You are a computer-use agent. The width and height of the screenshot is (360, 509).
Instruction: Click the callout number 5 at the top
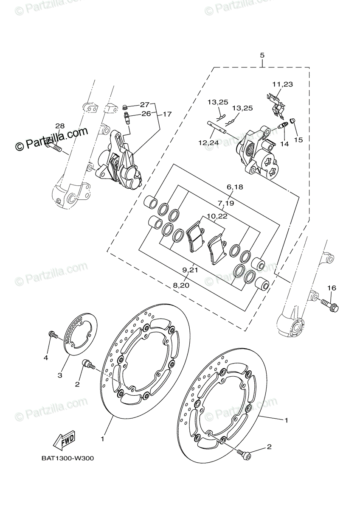262,56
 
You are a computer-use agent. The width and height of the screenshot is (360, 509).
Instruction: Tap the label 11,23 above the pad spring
283,84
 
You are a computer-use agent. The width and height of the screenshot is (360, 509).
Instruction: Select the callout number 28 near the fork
59,126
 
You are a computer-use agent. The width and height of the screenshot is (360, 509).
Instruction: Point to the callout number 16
332,288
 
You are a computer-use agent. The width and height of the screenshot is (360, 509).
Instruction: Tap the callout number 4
46,358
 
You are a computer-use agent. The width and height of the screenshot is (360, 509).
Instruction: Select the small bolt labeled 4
53,335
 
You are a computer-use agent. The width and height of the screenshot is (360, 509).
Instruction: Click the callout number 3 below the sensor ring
60,375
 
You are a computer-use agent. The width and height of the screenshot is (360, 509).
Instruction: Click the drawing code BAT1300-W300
67,458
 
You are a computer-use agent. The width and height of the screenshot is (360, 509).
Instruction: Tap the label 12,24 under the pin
208,143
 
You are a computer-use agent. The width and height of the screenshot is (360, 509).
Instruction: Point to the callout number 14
284,144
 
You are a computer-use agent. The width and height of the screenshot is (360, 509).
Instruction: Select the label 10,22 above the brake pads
217,216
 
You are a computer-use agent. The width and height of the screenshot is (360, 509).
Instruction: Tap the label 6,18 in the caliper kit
235,187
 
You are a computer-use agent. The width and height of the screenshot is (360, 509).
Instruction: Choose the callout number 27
145,104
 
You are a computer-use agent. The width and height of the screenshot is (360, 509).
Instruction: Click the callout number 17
167,114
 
